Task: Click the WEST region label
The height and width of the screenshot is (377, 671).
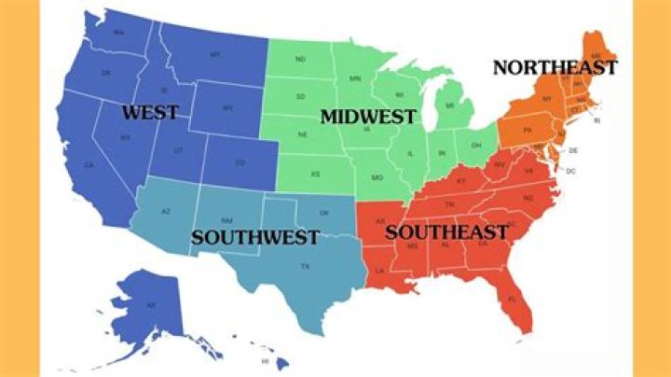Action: [149, 114]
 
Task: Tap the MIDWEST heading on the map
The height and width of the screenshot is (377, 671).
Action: [367, 117]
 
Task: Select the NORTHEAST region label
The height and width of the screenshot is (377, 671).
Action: [555, 67]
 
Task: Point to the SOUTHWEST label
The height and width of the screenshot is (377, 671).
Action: [255, 237]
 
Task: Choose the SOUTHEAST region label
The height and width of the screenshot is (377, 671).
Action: [446, 231]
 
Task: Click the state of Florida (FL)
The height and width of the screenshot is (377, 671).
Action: [512, 299]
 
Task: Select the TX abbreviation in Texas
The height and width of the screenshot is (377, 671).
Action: [304, 267]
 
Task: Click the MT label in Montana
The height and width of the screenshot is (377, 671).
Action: [215, 56]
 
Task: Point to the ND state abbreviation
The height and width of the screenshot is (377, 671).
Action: [300, 60]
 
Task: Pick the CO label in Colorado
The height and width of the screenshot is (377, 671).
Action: [240, 162]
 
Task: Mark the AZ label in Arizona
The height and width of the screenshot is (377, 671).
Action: [166, 212]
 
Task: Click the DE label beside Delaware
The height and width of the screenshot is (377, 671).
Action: [573, 150]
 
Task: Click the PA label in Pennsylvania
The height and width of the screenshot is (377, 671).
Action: [527, 131]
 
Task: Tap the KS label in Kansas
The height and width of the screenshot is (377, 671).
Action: [316, 174]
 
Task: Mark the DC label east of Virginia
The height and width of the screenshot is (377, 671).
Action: [570, 171]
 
